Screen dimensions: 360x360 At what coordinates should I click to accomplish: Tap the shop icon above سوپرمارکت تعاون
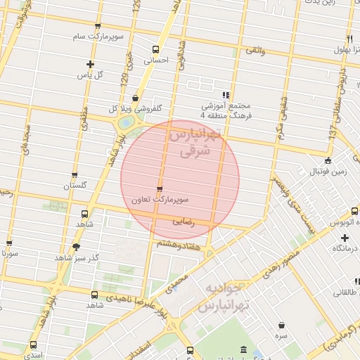point(160,188)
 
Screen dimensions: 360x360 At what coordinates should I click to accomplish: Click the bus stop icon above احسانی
point(155,49)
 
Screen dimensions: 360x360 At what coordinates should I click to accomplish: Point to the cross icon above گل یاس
point(89,63)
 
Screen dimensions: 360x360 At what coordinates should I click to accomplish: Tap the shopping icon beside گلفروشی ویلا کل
point(134,98)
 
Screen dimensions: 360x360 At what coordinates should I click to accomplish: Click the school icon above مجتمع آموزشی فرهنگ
point(225,95)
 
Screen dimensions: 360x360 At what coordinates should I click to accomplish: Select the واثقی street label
point(255,51)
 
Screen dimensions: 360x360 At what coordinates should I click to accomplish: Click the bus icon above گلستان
point(75,175)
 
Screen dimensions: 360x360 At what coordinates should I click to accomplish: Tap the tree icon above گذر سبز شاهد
point(76,246)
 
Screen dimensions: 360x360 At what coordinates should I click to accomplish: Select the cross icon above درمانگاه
point(344,238)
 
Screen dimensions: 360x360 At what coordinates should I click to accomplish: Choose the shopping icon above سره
point(282,326)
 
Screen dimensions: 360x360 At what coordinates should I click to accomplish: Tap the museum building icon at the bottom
point(243,349)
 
